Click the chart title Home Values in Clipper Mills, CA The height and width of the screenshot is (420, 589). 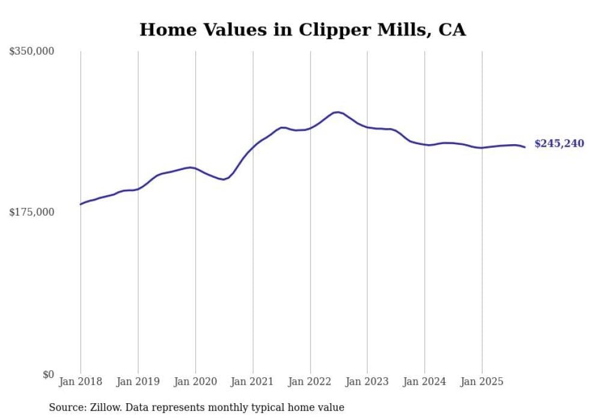tap(302, 29)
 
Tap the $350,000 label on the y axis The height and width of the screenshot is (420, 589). tap(32, 52)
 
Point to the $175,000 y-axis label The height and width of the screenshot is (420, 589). tap(32, 212)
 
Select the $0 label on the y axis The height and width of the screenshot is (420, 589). tap(48, 375)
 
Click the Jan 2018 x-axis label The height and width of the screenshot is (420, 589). tap(81, 382)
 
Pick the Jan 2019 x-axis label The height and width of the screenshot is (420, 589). tap(138, 382)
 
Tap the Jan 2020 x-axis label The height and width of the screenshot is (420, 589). tap(195, 382)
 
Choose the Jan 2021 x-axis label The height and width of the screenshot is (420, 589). tap(252, 382)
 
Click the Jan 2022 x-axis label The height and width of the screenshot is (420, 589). tap(310, 382)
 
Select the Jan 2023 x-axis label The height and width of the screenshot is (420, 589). tap(367, 382)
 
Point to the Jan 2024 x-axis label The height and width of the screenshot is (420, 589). tap(424, 382)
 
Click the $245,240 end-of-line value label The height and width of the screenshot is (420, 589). tap(559, 144)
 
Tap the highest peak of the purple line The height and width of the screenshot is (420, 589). tap(338, 112)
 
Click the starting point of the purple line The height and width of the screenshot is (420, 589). tap(81, 204)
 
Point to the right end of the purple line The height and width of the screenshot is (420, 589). tap(525, 147)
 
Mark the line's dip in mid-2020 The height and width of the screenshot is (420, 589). tap(223, 179)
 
